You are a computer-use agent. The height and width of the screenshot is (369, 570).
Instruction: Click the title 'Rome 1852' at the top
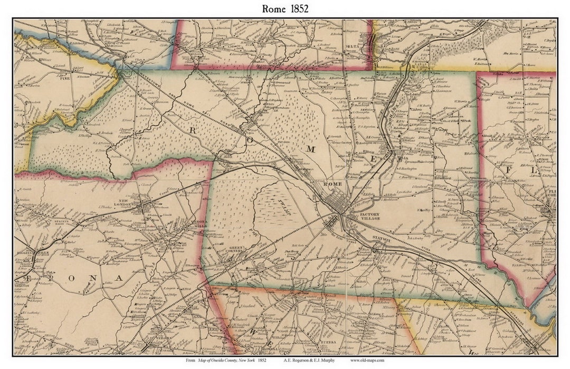coord(284,8)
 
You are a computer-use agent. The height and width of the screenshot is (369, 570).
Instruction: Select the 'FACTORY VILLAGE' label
coord(370,216)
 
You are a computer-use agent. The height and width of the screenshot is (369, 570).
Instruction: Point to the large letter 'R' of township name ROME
coord(193,129)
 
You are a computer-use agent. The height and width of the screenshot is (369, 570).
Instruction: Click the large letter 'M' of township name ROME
coord(310,149)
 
